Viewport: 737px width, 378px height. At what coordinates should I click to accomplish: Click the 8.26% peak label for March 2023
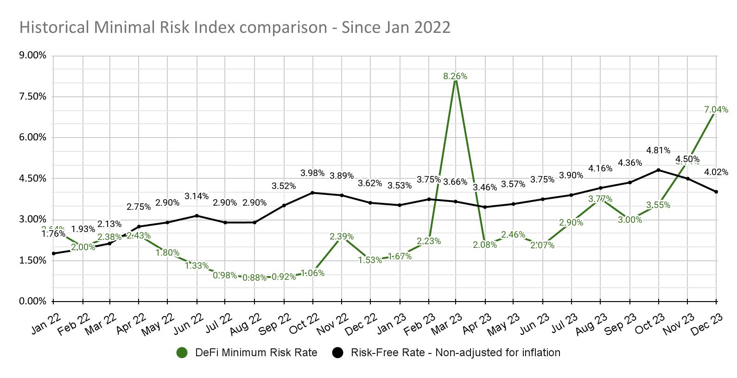(x=455, y=76)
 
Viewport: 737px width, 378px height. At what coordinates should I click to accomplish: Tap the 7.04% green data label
(x=716, y=110)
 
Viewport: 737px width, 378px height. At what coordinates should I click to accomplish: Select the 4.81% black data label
(x=658, y=150)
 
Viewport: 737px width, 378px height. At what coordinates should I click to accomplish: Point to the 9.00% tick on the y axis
(x=32, y=55)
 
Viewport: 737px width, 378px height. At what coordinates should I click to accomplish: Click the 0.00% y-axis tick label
(x=32, y=301)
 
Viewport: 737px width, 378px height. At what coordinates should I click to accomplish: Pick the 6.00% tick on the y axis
(x=32, y=137)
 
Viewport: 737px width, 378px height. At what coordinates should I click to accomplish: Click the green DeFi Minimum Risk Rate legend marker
(x=182, y=353)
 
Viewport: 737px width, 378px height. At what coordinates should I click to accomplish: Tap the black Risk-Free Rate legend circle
(x=337, y=353)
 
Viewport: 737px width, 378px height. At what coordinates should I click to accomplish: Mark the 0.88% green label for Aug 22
(x=254, y=277)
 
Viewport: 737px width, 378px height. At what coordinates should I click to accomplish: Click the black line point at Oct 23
(x=658, y=170)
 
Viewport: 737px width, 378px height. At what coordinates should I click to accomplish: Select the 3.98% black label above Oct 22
(x=312, y=173)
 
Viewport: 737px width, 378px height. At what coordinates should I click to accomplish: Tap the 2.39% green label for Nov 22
(x=342, y=237)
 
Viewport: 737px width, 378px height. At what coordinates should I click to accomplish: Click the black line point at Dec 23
(x=716, y=192)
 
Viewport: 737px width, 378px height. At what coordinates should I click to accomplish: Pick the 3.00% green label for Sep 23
(x=630, y=220)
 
